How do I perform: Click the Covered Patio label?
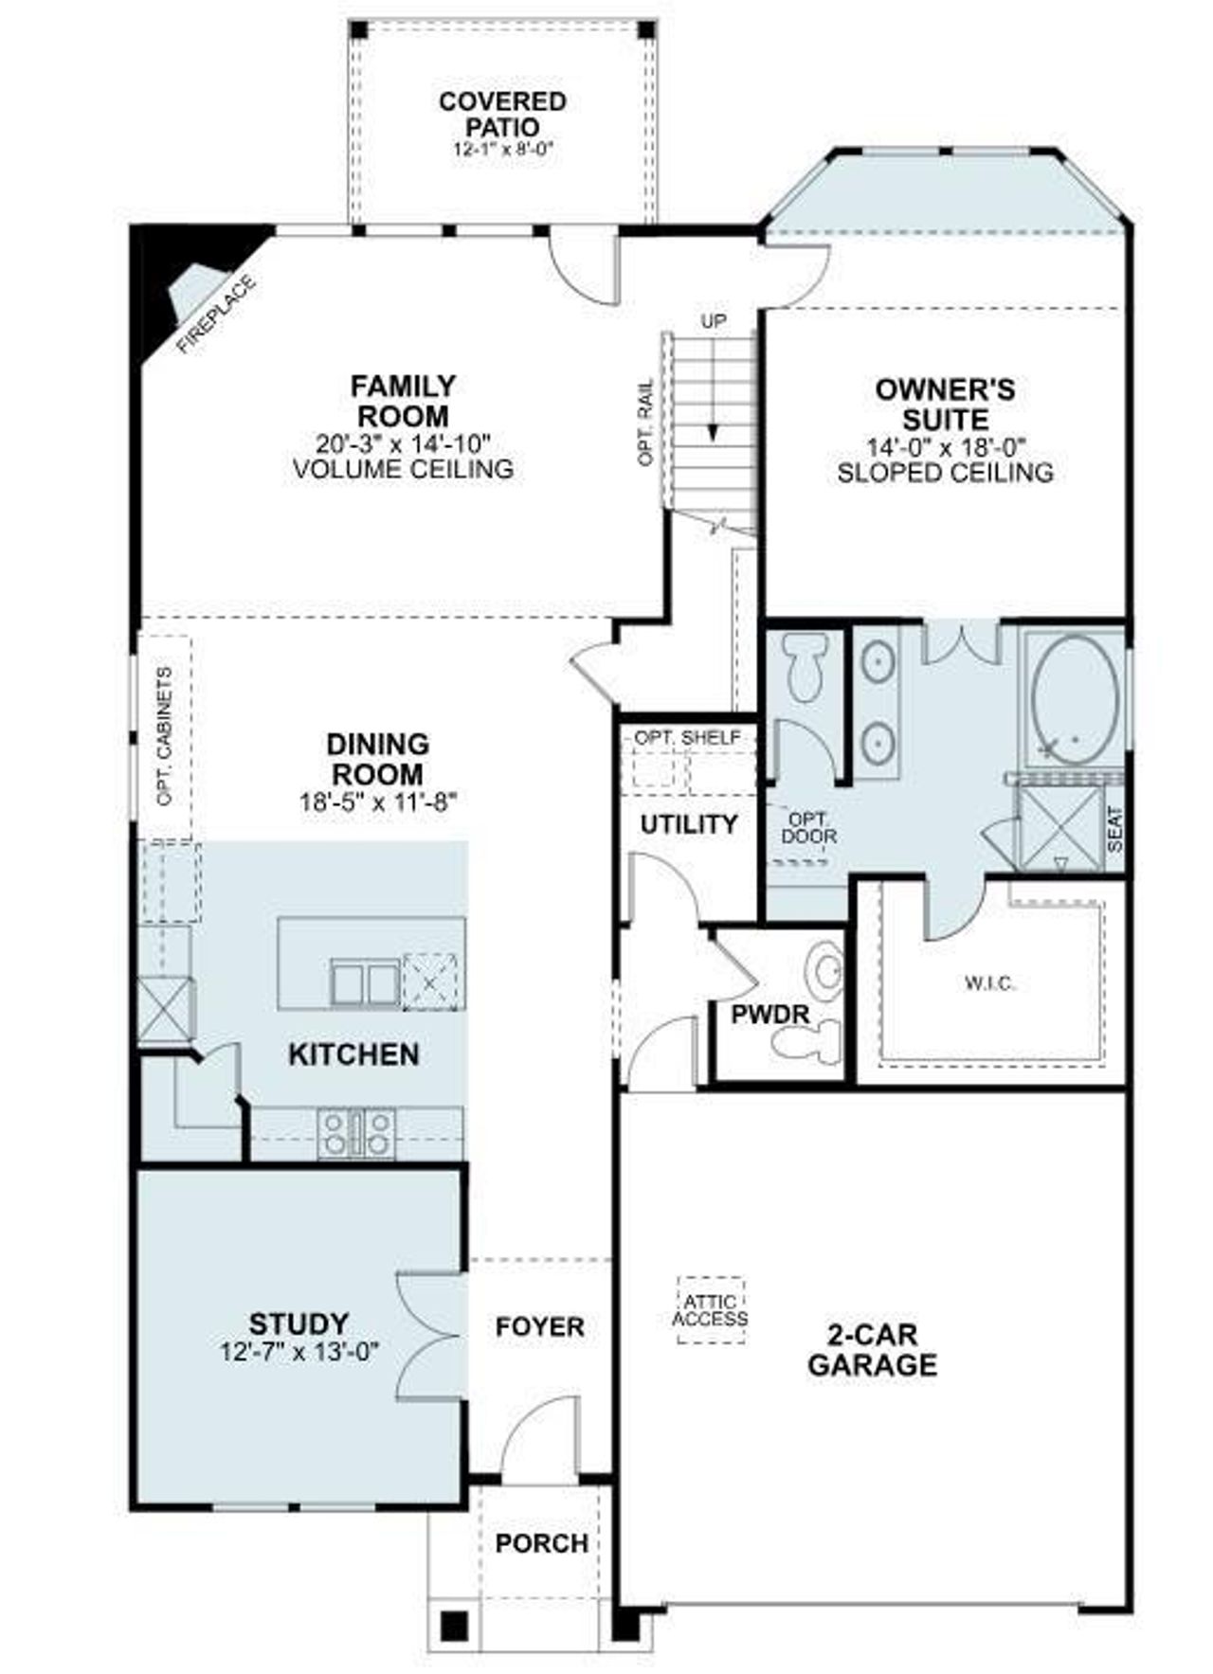[502, 114]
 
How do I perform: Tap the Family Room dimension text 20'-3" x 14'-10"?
[405, 442]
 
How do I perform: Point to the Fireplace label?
[217, 314]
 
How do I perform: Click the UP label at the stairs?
[713, 321]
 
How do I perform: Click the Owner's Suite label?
[945, 404]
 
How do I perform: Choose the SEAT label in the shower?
[1114, 828]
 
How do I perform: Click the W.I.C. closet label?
[989, 983]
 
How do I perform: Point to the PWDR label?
[770, 1015]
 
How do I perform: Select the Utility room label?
[689, 824]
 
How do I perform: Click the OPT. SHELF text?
[687, 737]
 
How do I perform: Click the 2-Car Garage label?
[872, 1350]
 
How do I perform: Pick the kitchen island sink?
[365, 982]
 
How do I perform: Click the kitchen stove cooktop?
[356, 1133]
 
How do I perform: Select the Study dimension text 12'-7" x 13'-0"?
[299, 1351]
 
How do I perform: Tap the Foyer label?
[540, 1326]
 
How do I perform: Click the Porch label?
[542, 1543]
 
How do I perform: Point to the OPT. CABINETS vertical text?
[165, 737]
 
